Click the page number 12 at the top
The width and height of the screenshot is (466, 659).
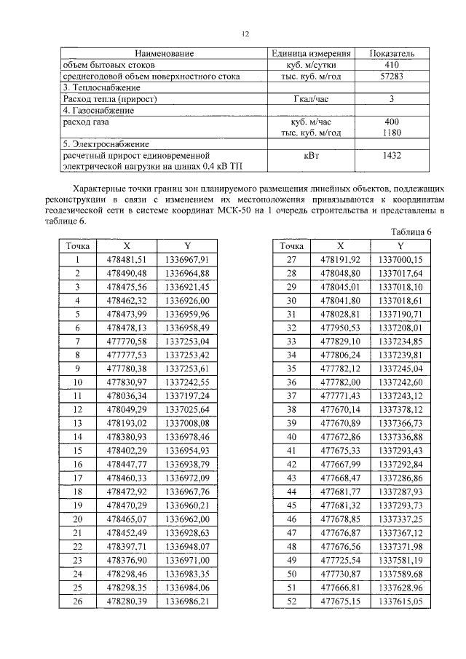(245, 34)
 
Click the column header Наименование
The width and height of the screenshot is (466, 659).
(163, 54)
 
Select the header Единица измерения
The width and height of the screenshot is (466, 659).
(312, 54)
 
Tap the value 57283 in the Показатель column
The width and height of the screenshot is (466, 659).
(392, 76)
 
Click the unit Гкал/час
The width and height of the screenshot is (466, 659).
(312, 98)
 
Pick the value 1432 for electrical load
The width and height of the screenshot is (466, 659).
(392, 155)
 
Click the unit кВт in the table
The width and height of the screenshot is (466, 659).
(312, 155)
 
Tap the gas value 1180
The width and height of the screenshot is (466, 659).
(392, 133)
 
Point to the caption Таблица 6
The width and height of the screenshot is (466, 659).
(411, 232)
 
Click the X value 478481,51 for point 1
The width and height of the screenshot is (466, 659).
(127, 259)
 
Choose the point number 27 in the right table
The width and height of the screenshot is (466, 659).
(292, 259)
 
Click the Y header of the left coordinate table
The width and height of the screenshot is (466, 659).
(186, 246)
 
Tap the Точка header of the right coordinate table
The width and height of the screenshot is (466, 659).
(292, 246)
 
